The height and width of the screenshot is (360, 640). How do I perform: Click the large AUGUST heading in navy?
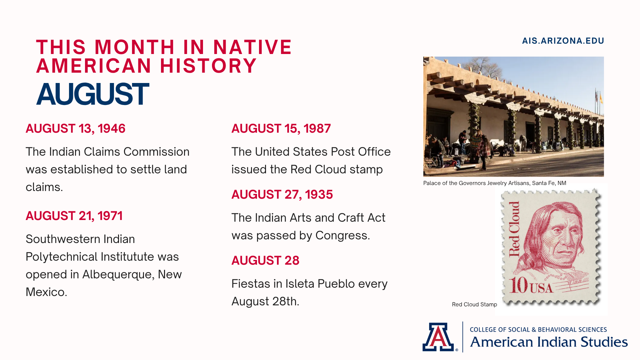92,94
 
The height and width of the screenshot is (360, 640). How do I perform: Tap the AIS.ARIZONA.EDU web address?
563,41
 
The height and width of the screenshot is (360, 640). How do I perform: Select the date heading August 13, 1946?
75,129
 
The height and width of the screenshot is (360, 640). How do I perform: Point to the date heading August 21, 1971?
74,216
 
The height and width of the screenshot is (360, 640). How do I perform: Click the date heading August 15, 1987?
281,129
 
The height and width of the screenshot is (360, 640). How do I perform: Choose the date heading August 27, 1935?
282,195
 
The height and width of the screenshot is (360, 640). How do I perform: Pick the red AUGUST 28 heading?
265,261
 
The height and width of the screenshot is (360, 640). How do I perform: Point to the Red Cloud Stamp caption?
474,304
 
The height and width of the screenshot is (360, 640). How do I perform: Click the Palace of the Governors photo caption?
495,183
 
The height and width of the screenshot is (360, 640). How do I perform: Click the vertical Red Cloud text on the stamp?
514,229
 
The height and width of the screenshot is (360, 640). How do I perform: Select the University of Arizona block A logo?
438,337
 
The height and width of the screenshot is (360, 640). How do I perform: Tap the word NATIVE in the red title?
252,47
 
